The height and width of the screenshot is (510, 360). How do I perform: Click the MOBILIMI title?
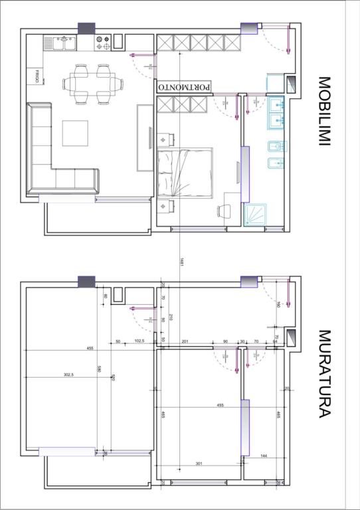(x=324, y=112)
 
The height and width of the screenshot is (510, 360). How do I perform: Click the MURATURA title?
(x=324, y=373)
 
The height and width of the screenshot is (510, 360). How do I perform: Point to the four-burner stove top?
(x=103, y=43)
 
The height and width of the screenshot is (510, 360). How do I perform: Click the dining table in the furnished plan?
(x=92, y=84)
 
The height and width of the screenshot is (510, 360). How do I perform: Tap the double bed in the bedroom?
(x=185, y=172)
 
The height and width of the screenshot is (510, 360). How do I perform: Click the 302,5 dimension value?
(x=68, y=375)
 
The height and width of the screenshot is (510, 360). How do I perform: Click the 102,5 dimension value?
(x=139, y=341)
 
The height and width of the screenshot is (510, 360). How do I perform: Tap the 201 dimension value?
(x=185, y=341)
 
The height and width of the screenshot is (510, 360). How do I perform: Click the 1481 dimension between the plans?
(x=181, y=263)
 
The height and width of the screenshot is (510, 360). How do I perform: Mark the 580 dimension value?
(x=98, y=370)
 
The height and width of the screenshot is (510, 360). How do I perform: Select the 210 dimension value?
(x=171, y=317)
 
